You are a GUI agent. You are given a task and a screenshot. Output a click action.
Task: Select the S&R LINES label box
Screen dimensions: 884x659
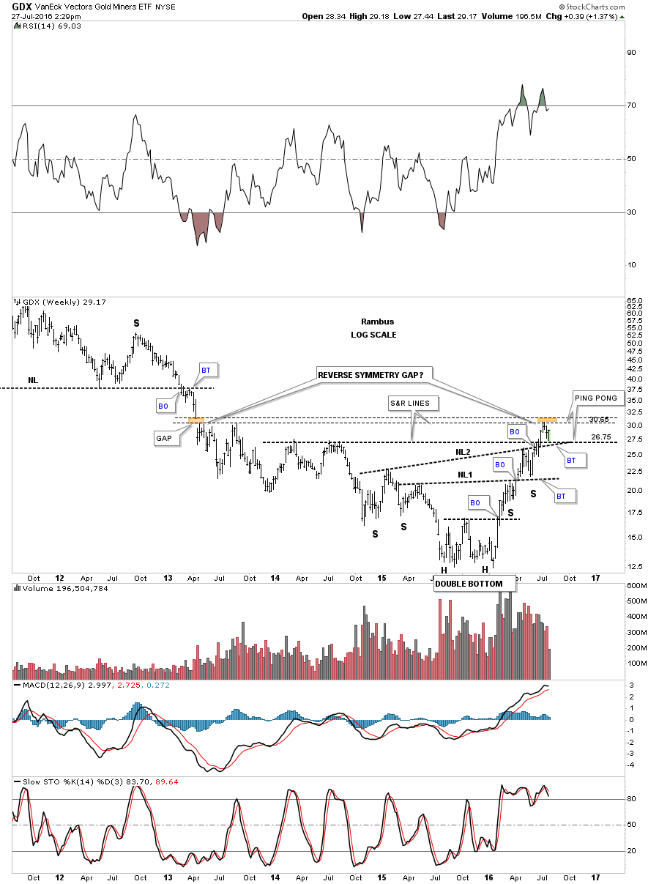pos(414,403)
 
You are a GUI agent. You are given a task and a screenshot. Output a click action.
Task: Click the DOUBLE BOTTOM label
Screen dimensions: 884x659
pos(469,584)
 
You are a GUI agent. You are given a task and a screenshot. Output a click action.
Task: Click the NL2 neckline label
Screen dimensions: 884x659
pos(462,452)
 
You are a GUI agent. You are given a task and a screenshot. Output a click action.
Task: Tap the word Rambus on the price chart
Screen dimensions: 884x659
pos(377,322)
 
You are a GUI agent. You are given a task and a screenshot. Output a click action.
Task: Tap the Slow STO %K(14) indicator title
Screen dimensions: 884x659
pos(59,781)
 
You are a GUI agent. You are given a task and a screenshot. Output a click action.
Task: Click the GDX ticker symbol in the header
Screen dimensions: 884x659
pos(21,6)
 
